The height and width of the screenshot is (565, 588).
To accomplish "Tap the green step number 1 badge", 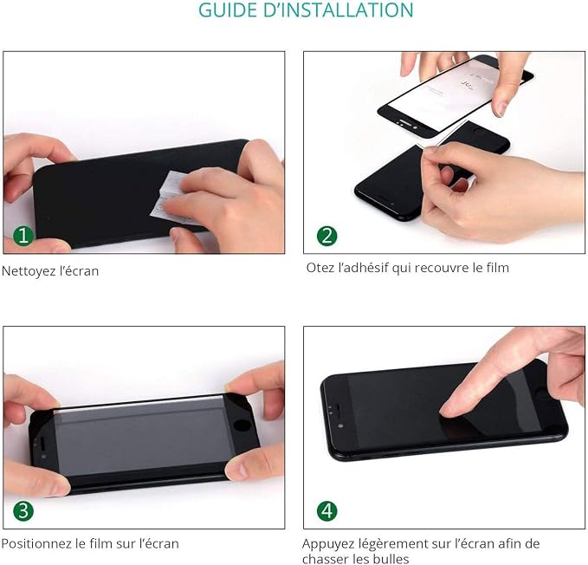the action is pos(23,236).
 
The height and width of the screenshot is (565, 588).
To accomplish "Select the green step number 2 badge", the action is pos(327,236).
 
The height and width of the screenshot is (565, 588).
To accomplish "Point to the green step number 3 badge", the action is pos(23,511).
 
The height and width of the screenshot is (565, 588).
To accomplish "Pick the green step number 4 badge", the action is pos(327,511).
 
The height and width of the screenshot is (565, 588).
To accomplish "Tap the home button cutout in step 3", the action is pos(242,426).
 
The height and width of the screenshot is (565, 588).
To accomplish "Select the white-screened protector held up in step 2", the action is pos(456,94).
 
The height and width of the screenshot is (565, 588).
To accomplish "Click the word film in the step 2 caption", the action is pos(498,268).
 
